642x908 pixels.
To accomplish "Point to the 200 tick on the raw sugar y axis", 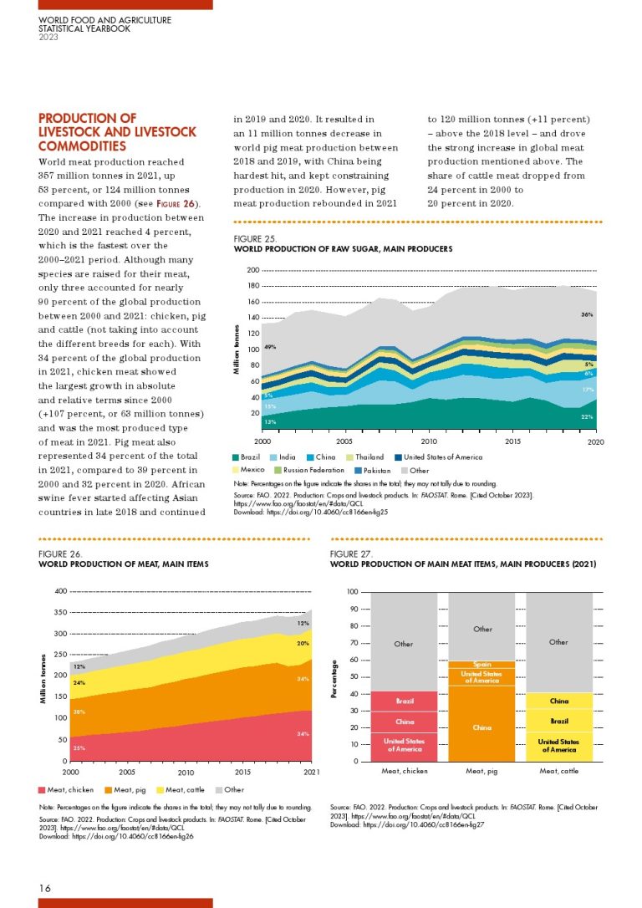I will (252, 271).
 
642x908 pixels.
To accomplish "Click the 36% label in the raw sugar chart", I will (587, 314).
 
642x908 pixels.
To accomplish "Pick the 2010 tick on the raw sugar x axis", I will (429, 441).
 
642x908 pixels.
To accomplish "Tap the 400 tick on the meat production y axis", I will (60, 591).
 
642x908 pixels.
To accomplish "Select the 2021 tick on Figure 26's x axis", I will (311, 773).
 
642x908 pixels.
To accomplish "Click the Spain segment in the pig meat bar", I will (481, 665).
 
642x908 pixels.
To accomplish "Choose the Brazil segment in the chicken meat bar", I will (405, 701).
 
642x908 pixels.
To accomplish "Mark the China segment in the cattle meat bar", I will (558, 701).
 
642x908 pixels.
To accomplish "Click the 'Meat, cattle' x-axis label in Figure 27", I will (558, 771).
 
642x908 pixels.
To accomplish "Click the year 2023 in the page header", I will (48, 37).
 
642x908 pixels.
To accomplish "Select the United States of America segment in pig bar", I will (481, 676).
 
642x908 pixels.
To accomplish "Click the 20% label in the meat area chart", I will (303, 644).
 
